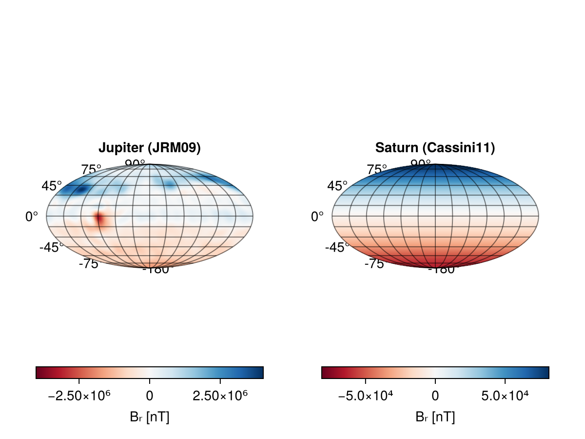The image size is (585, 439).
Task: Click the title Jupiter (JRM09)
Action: click(x=150, y=148)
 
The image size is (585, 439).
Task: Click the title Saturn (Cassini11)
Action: click(x=435, y=148)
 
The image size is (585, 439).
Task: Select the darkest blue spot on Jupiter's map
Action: click(x=81, y=189)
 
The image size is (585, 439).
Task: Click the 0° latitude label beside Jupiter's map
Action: click(x=32, y=217)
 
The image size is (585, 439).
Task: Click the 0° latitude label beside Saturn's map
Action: click(x=317, y=217)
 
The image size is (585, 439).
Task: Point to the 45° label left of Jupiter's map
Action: click(x=52, y=186)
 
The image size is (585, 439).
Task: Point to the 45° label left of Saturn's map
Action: click(x=337, y=186)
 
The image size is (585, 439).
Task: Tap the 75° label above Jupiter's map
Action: click(x=91, y=170)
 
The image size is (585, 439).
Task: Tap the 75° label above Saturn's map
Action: click(x=377, y=170)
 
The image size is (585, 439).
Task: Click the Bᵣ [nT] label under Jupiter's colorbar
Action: click(x=150, y=417)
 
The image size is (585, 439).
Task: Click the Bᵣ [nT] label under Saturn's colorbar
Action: click(x=435, y=417)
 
